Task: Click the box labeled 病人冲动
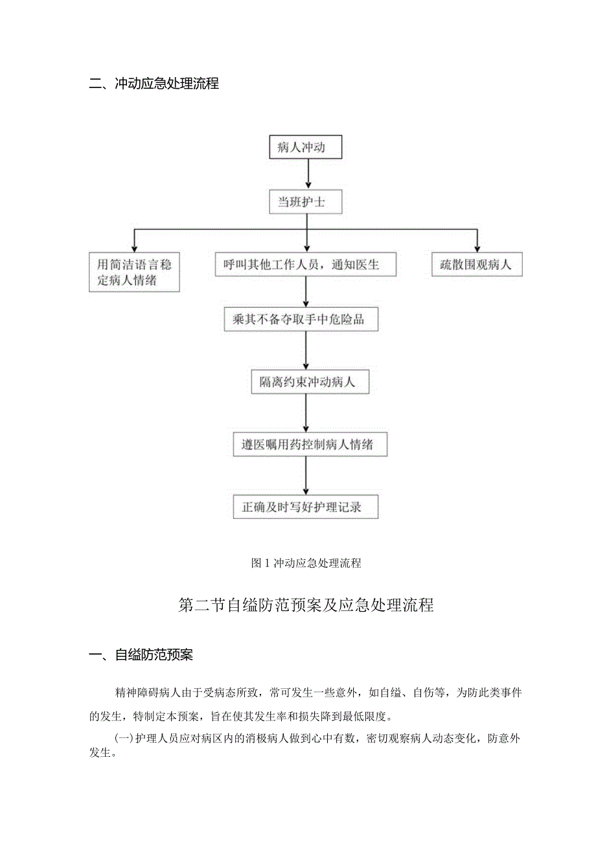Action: tap(305, 148)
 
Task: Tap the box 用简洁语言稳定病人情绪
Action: tap(134, 273)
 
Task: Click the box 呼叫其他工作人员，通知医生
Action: tap(305, 265)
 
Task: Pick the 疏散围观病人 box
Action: tap(476, 265)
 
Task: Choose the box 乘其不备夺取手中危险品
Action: tap(305, 320)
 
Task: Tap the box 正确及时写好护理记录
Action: tap(305, 507)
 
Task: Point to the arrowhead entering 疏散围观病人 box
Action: tap(477, 249)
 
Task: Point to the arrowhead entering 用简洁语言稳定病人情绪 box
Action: tap(134, 249)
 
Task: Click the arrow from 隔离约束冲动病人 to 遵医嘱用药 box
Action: tap(305, 414)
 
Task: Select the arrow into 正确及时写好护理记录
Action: tap(305, 476)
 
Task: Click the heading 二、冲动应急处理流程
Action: tap(154, 84)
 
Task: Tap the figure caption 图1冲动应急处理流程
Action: tap(305, 563)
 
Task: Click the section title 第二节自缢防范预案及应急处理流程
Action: tap(305, 606)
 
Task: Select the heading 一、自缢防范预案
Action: tap(141, 655)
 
